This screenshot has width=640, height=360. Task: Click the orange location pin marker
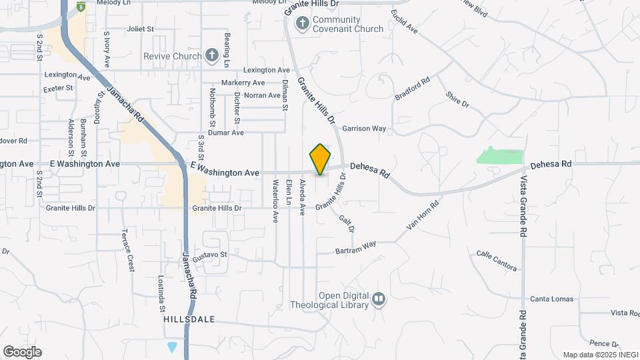pyautogui.click(x=320, y=159)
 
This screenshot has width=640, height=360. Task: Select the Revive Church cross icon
pyautogui.click(x=212, y=55)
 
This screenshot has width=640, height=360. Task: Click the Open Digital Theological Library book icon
pyautogui.click(x=379, y=299)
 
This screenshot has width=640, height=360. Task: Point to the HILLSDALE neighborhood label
pyautogui.click(x=189, y=319)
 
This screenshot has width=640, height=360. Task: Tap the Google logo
pyautogui.click(x=22, y=351)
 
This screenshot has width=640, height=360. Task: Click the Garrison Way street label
pyautogui.click(x=364, y=128)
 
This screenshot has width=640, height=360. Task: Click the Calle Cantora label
pyautogui.click(x=497, y=261)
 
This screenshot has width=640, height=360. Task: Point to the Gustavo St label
pyautogui.click(x=210, y=255)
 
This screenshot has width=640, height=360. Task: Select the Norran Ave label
pyautogui.click(x=262, y=95)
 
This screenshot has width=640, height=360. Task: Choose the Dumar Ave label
pyautogui.click(x=225, y=133)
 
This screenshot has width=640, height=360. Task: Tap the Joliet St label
pyautogui.click(x=140, y=29)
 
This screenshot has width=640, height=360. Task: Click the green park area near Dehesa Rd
pyautogui.click(x=500, y=155)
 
